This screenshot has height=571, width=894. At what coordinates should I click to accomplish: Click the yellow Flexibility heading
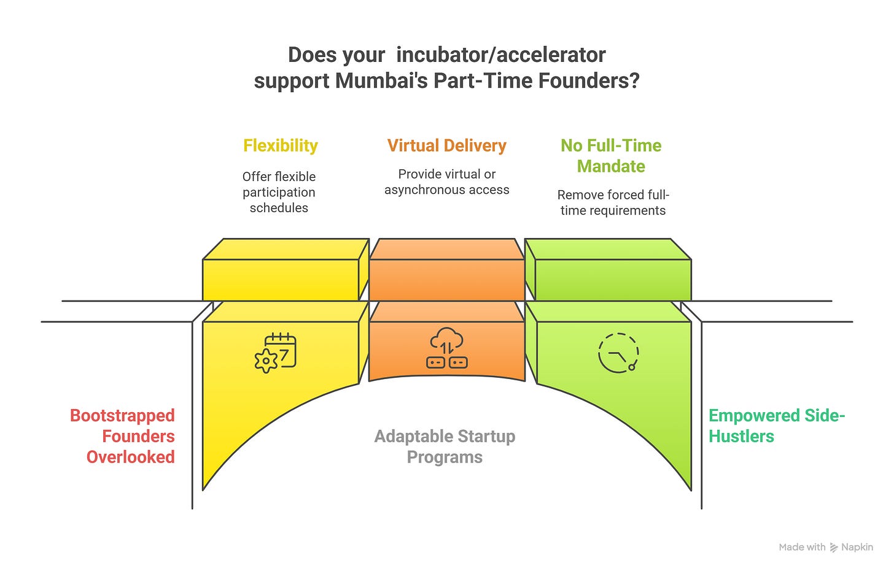[281, 145]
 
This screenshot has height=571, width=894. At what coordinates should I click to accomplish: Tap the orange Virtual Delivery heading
[446, 145]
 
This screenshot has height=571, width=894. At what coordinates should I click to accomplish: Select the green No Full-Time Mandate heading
[611, 156]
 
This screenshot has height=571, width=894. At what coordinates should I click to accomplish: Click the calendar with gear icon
[276, 353]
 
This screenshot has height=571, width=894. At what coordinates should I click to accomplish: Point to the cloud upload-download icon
[446, 348]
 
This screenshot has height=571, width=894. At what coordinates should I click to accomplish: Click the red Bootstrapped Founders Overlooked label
[123, 436]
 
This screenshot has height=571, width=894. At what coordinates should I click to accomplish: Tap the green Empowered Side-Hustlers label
[776, 426]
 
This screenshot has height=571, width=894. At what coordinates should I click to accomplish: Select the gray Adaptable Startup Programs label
[445, 446]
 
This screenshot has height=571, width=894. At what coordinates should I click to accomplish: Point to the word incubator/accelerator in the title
[501, 55]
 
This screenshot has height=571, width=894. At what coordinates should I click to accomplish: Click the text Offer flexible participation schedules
[279, 192]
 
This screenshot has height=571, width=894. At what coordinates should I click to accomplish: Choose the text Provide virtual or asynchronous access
[446, 182]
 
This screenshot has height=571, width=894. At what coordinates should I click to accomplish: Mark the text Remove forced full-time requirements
[613, 202]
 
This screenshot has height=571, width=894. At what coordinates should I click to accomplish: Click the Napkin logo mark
[834, 548]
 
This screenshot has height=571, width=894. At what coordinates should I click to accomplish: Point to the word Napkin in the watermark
[857, 547]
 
